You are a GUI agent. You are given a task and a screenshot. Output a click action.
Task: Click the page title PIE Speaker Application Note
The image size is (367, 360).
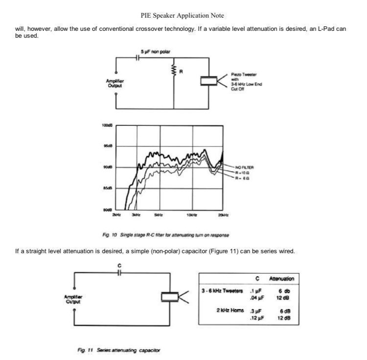pos(182,16)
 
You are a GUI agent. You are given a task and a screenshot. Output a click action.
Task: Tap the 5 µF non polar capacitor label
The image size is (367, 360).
pos(155,52)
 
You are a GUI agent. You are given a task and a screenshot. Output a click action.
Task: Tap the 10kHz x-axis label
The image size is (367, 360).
pos(191,215)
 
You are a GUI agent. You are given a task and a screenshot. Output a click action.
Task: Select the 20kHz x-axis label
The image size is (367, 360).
pos(223,215)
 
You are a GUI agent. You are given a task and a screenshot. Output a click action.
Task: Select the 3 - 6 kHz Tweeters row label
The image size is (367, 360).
pos(223,291)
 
